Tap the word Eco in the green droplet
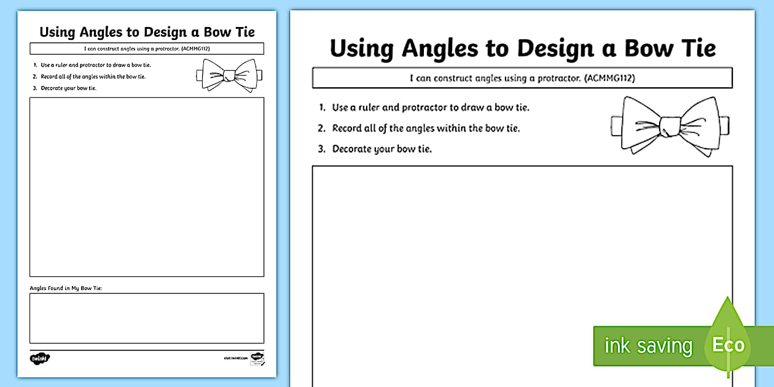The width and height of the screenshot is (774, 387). (x=728, y=345)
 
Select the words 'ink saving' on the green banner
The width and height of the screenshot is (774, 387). (x=647, y=346)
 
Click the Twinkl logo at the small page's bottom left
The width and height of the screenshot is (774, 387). (x=39, y=358)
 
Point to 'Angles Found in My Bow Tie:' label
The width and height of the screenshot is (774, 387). (x=66, y=287)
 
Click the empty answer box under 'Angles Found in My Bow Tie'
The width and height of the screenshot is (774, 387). (x=147, y=318)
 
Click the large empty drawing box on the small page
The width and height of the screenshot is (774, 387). (x=147, y=187)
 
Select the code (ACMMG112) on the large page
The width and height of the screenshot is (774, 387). (x=609, y=78)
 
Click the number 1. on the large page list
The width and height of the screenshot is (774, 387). (x=322, y=107)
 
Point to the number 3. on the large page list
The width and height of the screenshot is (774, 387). (x=321, y=149)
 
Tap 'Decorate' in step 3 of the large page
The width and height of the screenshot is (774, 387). (x=352, y=149)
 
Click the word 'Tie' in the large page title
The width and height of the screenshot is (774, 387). (x=696, y=48)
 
